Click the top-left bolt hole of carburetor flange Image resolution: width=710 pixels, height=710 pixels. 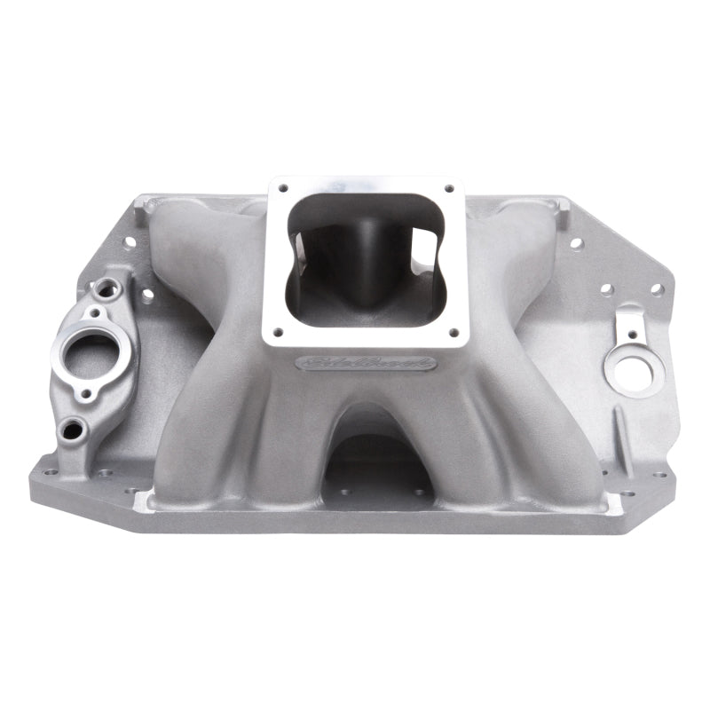coord(283,188)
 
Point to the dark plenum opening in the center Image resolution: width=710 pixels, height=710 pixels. coord(366,257)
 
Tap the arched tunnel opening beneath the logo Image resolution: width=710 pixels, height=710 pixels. coord(378,461)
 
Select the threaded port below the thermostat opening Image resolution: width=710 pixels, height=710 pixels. coord(69,431)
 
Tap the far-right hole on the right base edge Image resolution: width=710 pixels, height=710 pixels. coord(657,289)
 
